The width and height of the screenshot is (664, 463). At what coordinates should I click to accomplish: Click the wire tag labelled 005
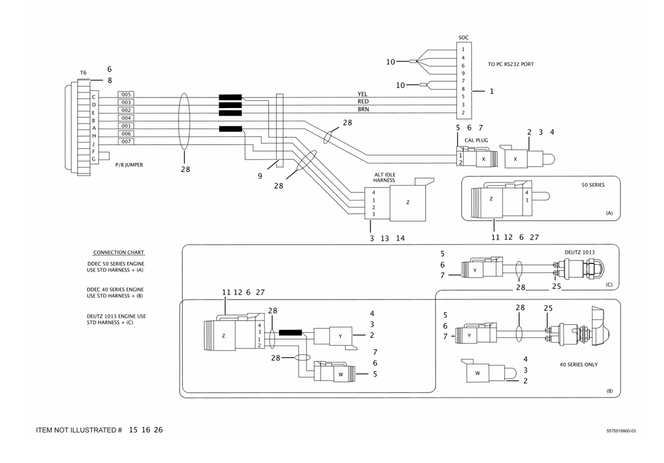126,95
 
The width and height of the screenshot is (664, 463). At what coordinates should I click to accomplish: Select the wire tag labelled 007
126,142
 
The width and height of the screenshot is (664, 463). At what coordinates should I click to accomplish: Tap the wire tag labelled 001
126,126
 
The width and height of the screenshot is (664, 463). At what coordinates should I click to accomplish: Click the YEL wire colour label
363,94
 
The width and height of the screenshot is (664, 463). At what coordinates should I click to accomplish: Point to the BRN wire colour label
363,109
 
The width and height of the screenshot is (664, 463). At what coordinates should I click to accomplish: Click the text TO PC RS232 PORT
510,64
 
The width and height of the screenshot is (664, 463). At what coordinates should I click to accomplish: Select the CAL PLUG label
476,140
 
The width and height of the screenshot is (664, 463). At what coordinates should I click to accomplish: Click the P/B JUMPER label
129,165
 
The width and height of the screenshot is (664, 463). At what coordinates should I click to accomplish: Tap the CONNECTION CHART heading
119,253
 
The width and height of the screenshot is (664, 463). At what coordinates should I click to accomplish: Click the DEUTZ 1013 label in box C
579,252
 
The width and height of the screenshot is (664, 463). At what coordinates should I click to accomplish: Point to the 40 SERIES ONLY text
578,365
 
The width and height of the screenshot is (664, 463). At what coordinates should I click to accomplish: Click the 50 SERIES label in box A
593,185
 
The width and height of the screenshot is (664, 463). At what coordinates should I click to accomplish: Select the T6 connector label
83,73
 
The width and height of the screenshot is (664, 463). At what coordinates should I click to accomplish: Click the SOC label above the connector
463,38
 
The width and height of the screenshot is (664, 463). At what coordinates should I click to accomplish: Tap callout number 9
260,176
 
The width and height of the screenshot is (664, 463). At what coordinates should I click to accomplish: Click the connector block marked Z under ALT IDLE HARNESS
408,202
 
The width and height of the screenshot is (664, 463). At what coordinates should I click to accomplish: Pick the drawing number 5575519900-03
620,431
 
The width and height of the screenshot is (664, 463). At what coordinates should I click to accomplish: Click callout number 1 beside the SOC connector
491,92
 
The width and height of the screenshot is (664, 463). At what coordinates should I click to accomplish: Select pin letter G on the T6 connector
93,159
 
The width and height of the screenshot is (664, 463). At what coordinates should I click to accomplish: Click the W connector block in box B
477,373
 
